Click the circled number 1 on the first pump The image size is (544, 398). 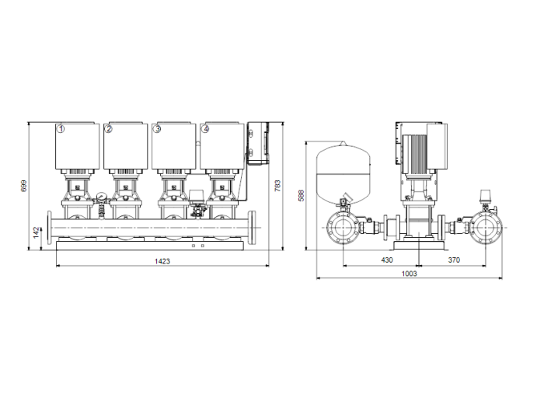click(x=61, y=129)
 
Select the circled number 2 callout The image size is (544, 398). click(x=109, y=129)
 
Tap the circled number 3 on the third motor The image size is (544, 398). click(x=158, y=129)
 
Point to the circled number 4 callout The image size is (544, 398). click(x=205, y=129)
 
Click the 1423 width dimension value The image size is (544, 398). click(x=162, y=261)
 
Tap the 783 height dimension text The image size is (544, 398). click(x=277, y=187)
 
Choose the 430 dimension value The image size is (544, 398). click(x=386, y=260)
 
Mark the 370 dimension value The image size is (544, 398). click(x=456, y=260)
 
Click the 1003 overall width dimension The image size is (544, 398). click(x=410, y=273)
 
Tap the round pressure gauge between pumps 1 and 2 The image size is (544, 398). click(x=100, y=197)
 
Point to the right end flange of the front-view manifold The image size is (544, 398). click(x=255, y=228)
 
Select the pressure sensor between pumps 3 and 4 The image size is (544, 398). click(x=197, y=199)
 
